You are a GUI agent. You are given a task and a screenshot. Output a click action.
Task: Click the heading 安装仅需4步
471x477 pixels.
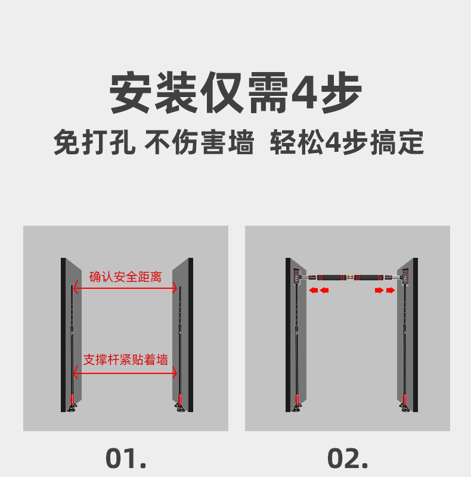coord(235,92)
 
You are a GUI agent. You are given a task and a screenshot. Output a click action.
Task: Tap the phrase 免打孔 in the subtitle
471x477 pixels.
coord(94,142)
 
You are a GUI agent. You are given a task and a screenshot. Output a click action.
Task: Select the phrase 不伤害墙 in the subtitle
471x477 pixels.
coord(199,142)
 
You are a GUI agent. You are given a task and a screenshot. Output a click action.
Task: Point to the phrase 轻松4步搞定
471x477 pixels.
coord(347,142)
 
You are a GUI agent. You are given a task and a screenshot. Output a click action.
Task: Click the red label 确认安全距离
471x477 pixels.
coord(125,277)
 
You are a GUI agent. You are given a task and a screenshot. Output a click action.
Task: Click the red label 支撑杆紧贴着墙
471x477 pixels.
coord(126,360)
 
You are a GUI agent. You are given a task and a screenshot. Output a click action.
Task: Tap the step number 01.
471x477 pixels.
coord(126,458)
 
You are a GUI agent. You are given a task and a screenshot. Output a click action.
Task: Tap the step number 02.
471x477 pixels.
coord(348,458)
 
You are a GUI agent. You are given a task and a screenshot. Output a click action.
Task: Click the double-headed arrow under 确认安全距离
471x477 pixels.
coord(125,288)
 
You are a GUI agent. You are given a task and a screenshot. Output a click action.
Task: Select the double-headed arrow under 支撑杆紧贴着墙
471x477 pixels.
coord(125,372)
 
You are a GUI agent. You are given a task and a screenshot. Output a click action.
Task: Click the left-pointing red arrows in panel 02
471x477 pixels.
coord(319,291)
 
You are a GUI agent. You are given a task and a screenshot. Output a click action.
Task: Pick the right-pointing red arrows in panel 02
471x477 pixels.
coord(385,291)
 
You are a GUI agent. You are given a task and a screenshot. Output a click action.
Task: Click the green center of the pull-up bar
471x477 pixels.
coord(350,277)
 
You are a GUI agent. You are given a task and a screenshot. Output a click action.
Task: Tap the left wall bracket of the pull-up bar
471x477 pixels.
coord(296,276)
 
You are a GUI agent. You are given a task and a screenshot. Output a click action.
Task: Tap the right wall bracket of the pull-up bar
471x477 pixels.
coord(405,276)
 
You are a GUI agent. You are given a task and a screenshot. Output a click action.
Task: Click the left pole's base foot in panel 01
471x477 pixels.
coord(72,406)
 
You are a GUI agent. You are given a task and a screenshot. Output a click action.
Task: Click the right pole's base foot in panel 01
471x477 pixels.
coord(179,406)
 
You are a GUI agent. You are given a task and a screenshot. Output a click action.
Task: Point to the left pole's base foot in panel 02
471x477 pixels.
coord(297,406)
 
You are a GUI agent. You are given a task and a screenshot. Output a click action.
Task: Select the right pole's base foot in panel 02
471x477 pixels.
coord(405,406)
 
